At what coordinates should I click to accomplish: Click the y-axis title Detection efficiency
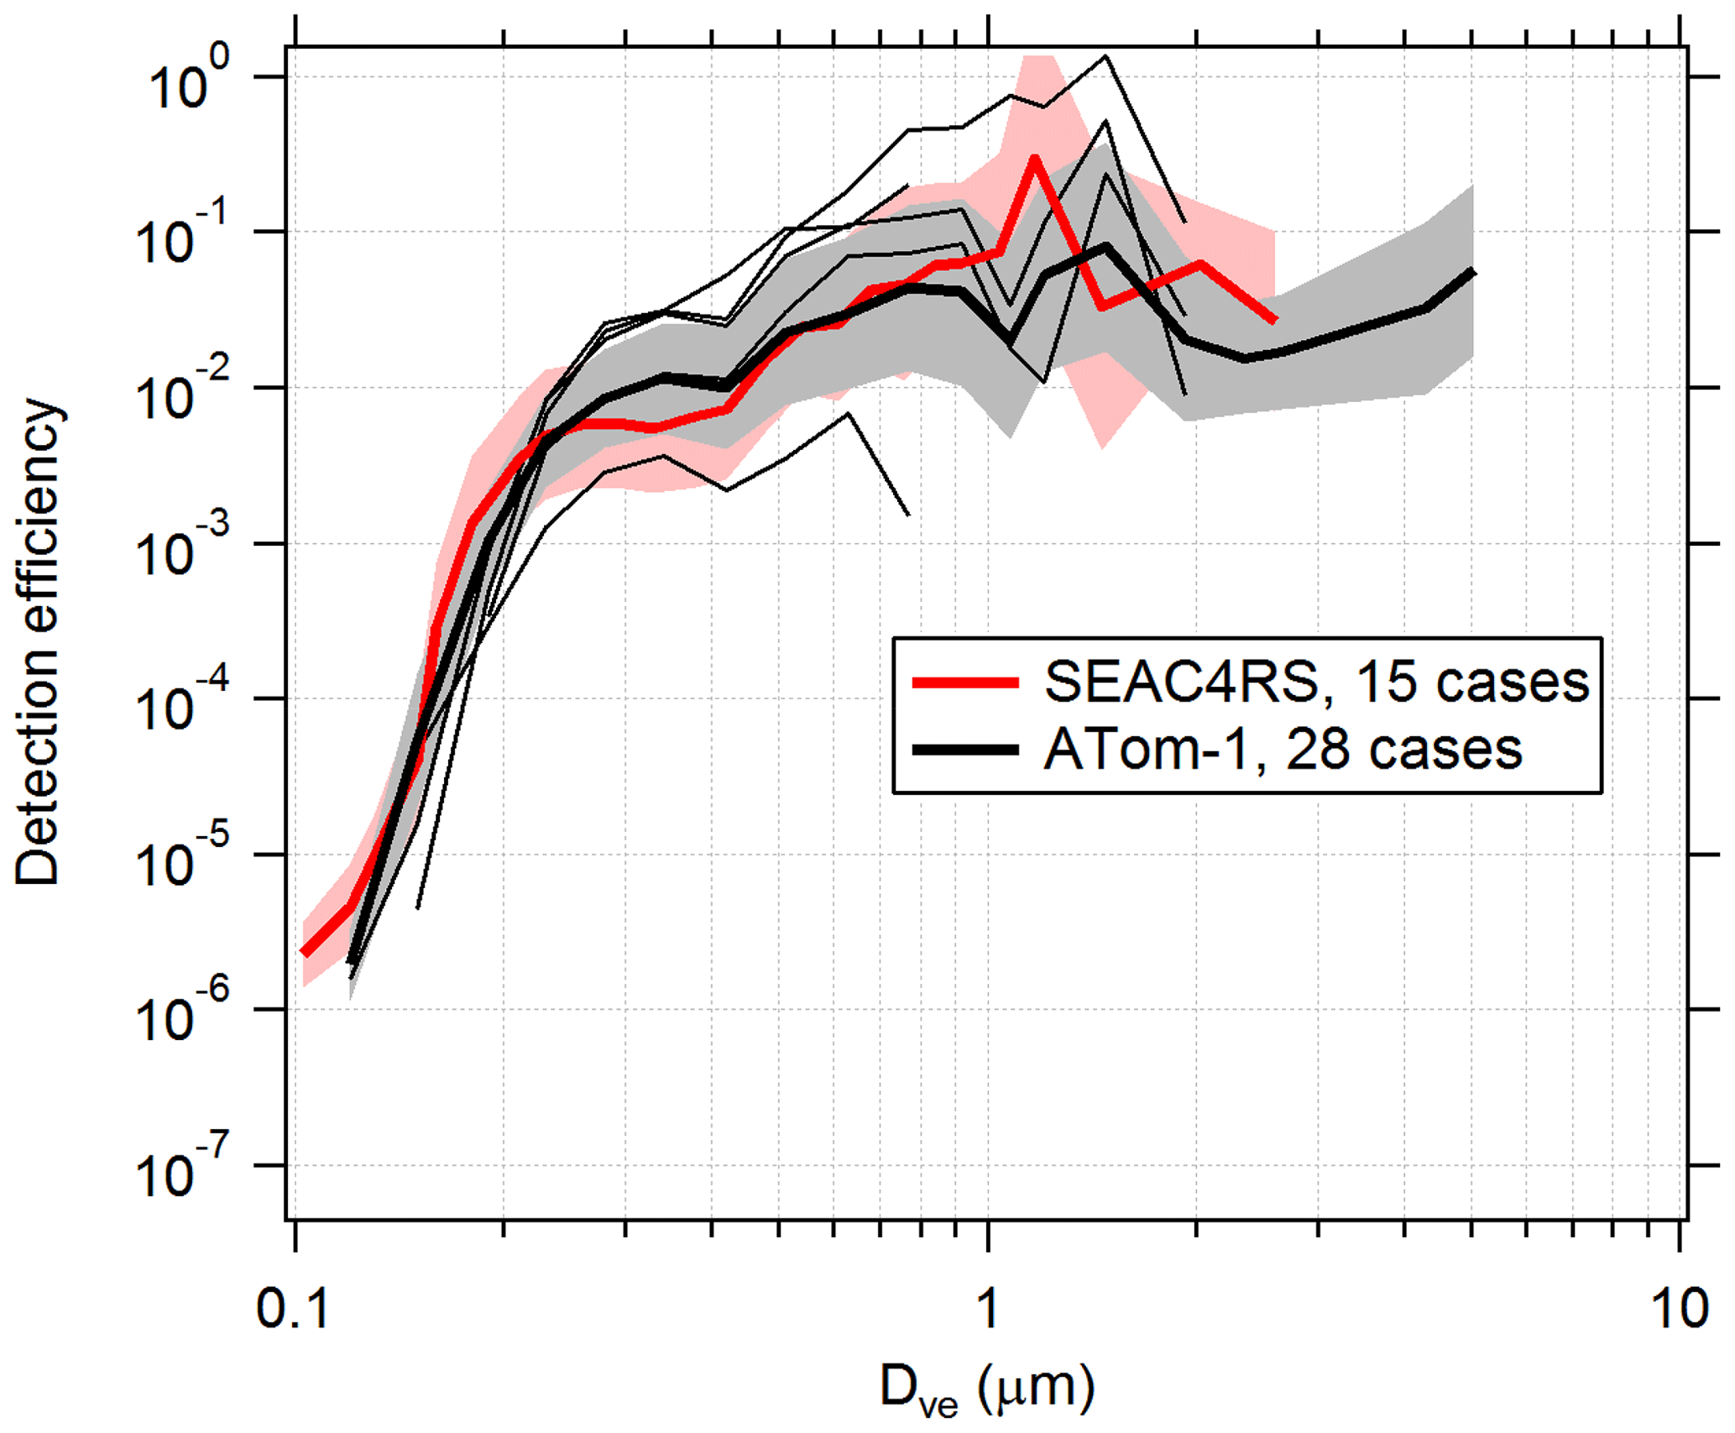pyautogui.click(x=38, y=642)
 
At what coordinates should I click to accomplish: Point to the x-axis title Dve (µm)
pyautogui.click(x=987, y=1389)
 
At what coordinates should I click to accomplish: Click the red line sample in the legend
pyautogui.click(x=965, y=683)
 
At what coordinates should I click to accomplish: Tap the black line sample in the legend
pyautogui.click(x=965, y=750)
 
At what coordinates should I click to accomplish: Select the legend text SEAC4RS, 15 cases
pyautogui.click(x=1316, y=682)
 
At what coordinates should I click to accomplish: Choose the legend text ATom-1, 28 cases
pyautogui.click(x=1283, y=749)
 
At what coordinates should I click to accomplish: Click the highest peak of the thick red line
pyautogui.click(x=1034, y=158)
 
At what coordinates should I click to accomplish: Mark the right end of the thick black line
pyautogui.click(x=1472, y=271)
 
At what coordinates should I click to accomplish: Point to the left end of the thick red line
pyautogui.click(x=305, y=952)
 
